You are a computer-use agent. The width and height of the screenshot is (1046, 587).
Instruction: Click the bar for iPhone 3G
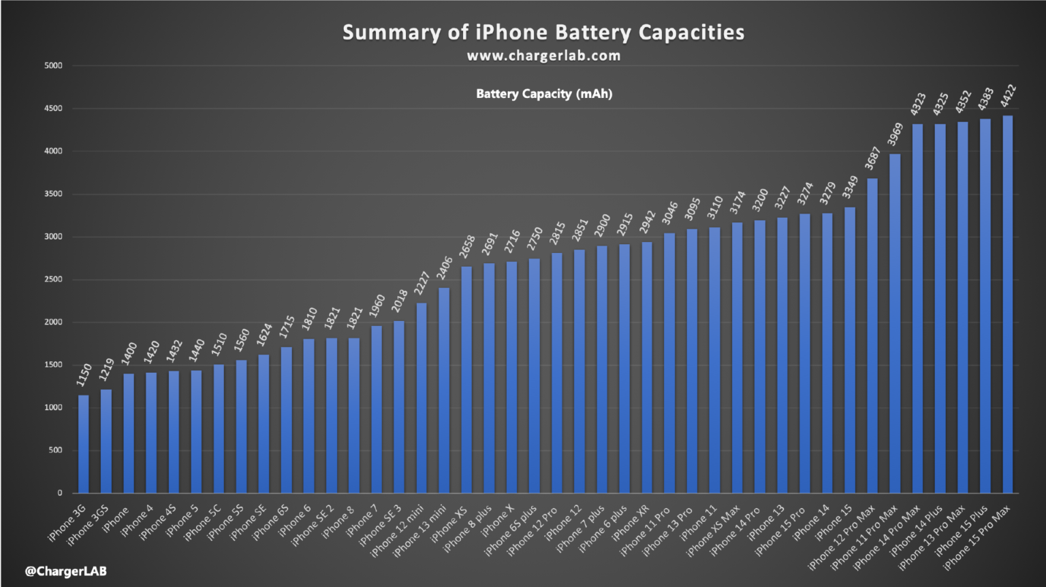click(x=83, y=444)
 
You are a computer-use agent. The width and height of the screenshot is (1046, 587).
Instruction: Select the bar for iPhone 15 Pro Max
click(x=1007, y=305)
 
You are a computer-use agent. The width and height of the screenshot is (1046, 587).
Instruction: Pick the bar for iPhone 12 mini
click(x=422, y=398)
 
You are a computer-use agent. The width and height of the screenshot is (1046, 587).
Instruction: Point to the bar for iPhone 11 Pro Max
click(x=895, y=324)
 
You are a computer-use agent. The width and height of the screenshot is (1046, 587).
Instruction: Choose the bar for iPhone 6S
click(x=286, y=420)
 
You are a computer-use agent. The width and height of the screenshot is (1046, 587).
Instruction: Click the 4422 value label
click(x=1008, y=96)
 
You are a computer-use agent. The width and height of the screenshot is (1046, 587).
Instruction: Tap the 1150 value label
click(x=84, y=375)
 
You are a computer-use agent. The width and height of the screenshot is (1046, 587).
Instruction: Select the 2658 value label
click(x=466, y=246)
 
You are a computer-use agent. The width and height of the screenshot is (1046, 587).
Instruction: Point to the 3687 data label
click(x=872, y=158)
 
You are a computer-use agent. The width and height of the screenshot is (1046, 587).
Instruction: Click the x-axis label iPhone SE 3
click(x=380, y=526)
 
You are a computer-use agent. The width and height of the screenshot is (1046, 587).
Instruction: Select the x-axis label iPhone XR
click(x=631, y=522)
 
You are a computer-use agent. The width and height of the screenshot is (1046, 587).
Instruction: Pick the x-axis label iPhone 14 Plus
click(x=916, y=531)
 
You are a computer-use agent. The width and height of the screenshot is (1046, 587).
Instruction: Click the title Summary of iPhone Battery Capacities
click(x=543, y=33)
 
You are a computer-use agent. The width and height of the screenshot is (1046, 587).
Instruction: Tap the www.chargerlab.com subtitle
click(x=543, y=56)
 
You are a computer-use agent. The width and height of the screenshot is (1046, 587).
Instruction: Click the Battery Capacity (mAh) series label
click(x=543, y=94)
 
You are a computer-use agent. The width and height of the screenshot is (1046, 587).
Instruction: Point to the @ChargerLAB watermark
click(x=65, y=571)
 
